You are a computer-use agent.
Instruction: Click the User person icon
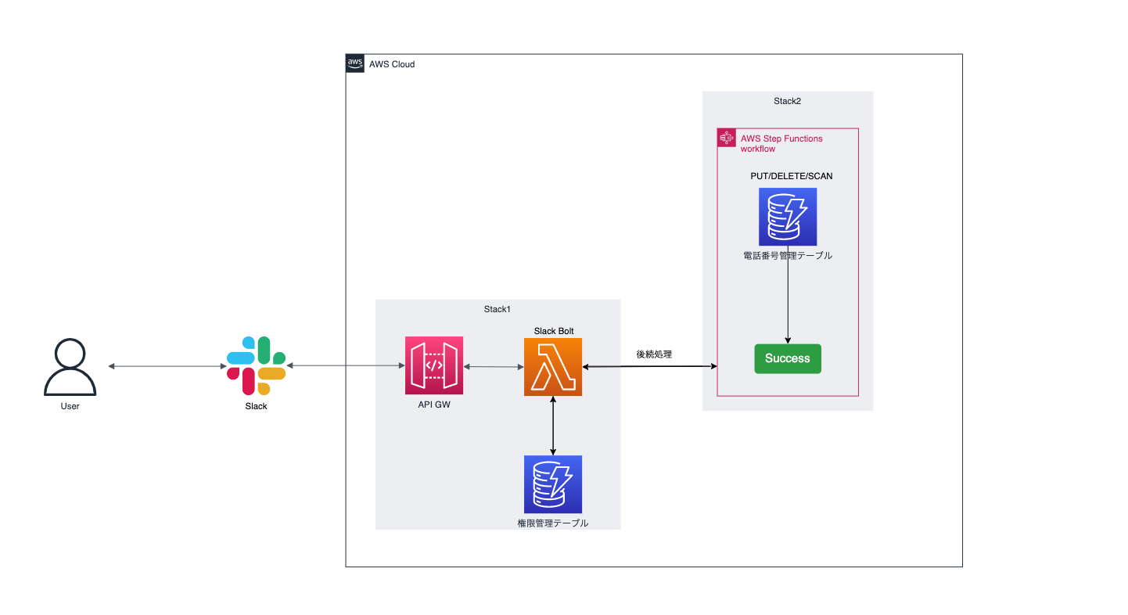(70, 368)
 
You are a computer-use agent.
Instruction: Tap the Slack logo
(256, 365)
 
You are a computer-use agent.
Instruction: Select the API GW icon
(434, 365)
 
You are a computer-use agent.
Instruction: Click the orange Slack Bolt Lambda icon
(553, 367)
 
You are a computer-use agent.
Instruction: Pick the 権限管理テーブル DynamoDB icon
(553, 484)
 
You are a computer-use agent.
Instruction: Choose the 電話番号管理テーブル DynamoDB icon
(787, 217)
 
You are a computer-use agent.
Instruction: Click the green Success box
(787, 358)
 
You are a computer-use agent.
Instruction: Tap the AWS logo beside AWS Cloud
(355, 64)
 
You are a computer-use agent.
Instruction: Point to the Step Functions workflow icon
(727, 138)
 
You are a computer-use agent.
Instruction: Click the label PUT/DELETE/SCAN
(791, 176)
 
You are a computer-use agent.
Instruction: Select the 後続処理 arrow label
(654, 354)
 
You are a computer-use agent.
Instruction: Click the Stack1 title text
(497, 310)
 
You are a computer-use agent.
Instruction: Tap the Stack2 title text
(787, 101)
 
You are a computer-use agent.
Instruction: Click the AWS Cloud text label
(392, 64)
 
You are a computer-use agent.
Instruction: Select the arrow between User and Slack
(167, 366)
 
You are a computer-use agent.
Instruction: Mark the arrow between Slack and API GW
(345, 366)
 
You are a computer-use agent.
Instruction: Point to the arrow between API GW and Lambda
(494, 366)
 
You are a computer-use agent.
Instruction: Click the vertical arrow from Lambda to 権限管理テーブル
(553, 426)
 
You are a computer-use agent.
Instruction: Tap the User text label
(70, 406)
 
